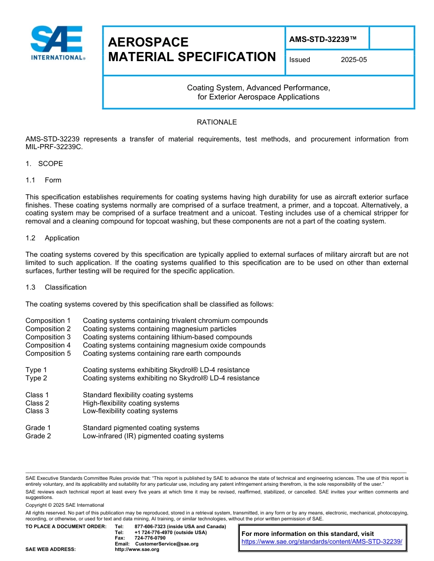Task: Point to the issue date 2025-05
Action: pyautogui.click(x=354, y=60)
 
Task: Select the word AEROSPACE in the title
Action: pyautogui.click(x=148, y=42)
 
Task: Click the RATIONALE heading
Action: pyautogui.click(x=217, y=122)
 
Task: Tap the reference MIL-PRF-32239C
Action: pyautogui.click(x=54, y=147)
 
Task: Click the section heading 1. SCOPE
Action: pyautogui.click(x=44, y=164)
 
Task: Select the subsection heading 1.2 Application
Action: pyautogui.click(x=53, y=238)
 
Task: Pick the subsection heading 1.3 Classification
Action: pyautogui.click(x=56, y=287)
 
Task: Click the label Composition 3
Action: pyautogui.click(x=48, y=337)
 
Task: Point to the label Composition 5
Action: pyautogui.click(x=48, y=353)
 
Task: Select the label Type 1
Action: pyautogui.click(x=36, y=370)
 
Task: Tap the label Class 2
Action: pyautogui.click(x=37, y=403)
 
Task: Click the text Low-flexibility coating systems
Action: pyautogui.click(x=130, y=411)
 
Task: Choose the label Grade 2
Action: pyautogui.click(x=38, y=436)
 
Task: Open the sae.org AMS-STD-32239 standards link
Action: pyautogui.click(x=322, y=541)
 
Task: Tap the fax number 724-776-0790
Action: pyautogui.click(x=150, y=538)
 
